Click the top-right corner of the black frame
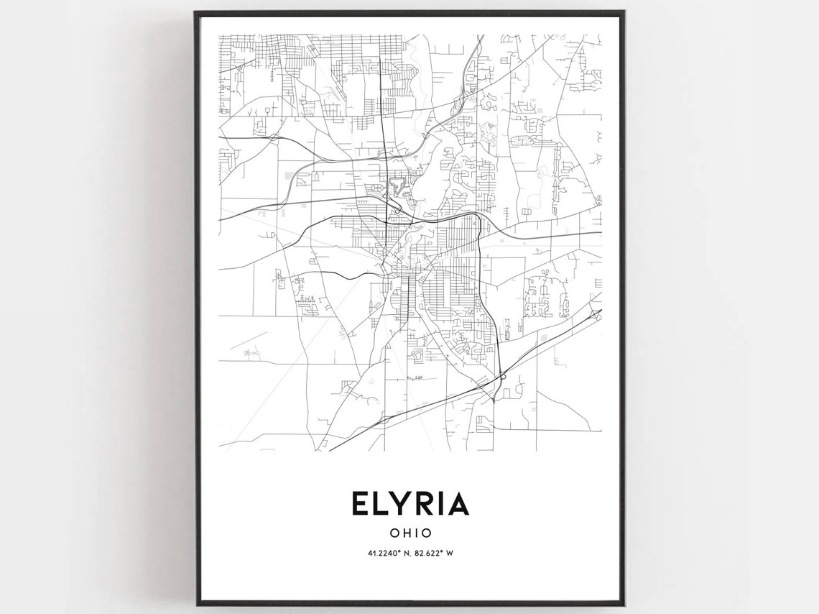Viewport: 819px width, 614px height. coord(623,12)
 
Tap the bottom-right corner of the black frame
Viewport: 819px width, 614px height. coord(623,604)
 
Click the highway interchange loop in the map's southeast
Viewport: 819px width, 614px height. coord(503,375)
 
